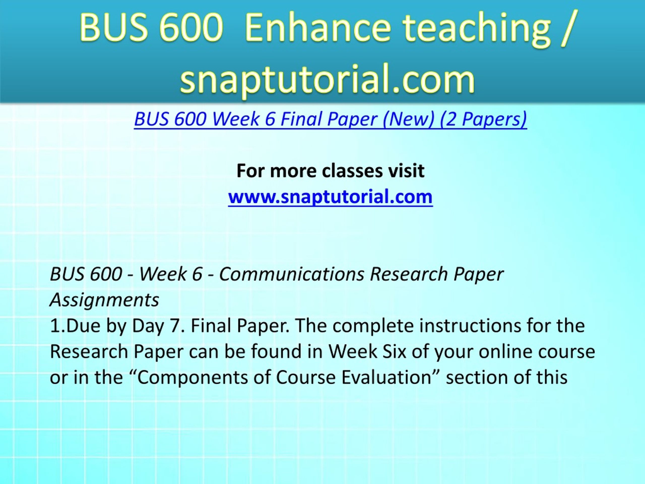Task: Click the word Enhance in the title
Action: click(317, 28)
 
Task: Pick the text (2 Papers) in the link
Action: click(483, 119)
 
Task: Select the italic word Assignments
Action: click(104, 300)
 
